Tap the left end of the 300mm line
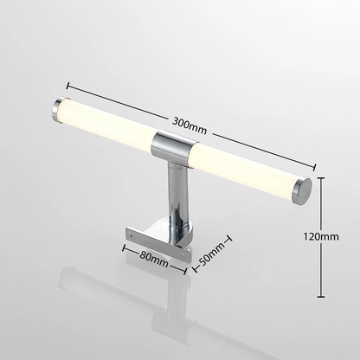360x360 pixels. point(66,85)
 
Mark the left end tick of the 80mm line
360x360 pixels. point(123,251)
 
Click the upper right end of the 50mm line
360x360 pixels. point(228,235)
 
